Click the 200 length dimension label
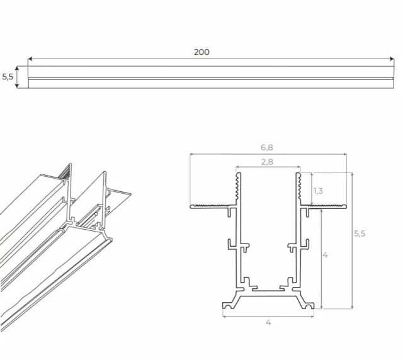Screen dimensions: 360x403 click(x=201, y=52)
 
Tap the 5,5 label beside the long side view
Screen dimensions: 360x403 click(x=8, y=77)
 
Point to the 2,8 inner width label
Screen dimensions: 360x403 click(x=268, y=162)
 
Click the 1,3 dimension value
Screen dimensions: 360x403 click(x=319, y=191)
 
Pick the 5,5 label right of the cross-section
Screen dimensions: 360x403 click(x=360, y=233)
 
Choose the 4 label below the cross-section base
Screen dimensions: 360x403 click(x=268, y=323)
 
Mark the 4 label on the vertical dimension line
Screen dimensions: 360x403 click(x=324, y=256)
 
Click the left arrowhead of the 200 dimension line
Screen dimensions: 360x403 click(x=30, y=60)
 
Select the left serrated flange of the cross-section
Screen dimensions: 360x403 click(x=212, y=206)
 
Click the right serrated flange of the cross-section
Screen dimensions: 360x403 click(x=325, y=206)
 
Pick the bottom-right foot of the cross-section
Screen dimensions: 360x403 click(x=309, y=305)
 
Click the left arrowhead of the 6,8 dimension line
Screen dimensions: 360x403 click(x=191, y=154)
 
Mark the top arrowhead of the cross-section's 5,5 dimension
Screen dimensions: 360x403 click(x=352, y=174)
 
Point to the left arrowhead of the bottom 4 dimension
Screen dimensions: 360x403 click(x=225, y=316)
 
